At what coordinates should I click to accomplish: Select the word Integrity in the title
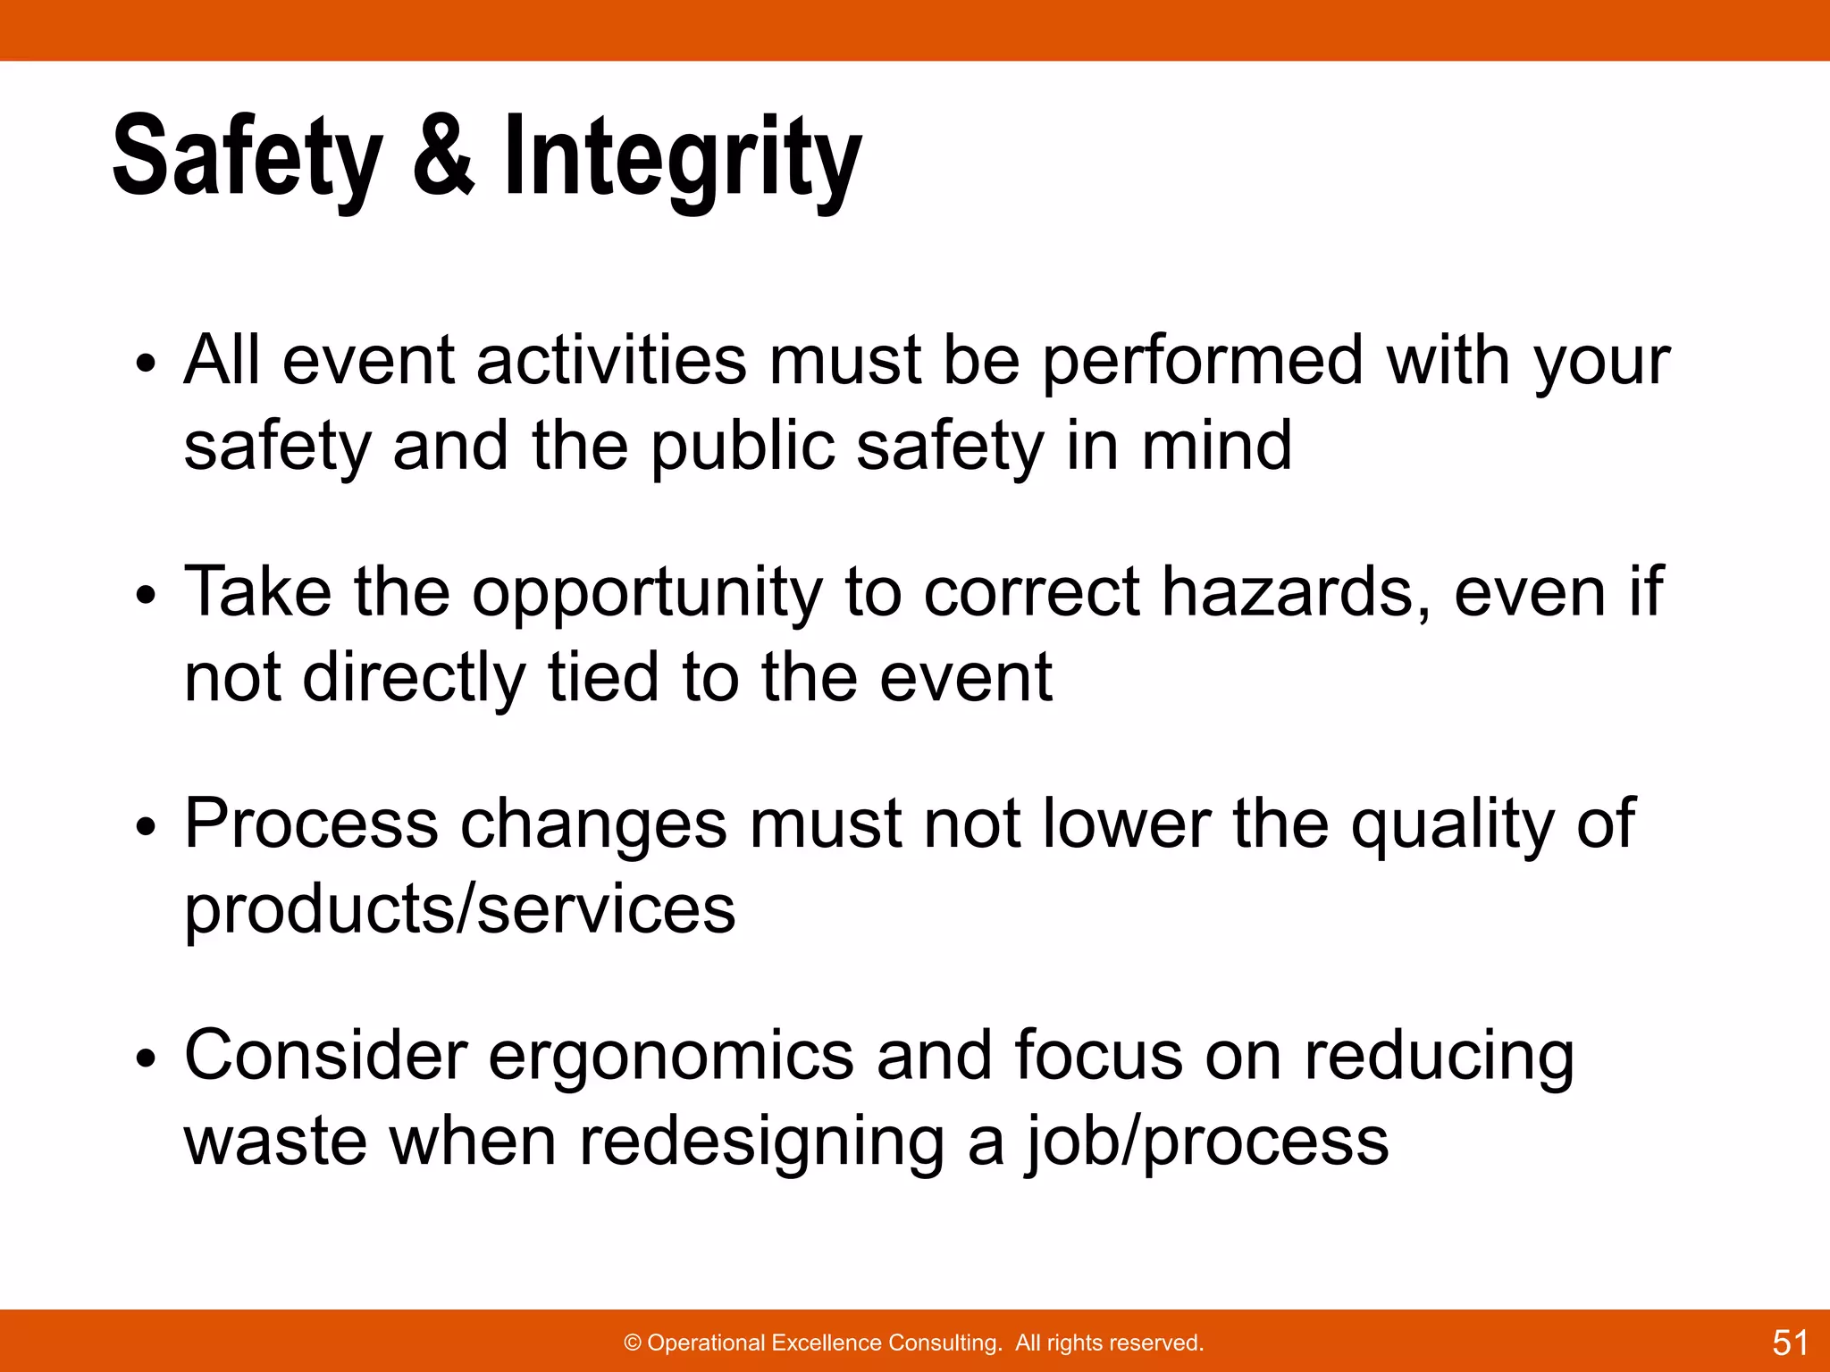click(683, 158)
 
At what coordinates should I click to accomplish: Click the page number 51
click(1790, 1343)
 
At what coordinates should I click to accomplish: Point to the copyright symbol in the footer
click(633, 1343)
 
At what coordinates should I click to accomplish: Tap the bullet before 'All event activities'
click(147, 364)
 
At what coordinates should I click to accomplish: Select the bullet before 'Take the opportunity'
click(147, 596)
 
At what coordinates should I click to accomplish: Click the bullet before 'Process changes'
click(147, 827)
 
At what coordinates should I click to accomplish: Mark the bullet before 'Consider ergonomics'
click(147, 1059)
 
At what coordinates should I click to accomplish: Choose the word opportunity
click(647, 594)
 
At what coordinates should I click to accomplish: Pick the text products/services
click(460, 911)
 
